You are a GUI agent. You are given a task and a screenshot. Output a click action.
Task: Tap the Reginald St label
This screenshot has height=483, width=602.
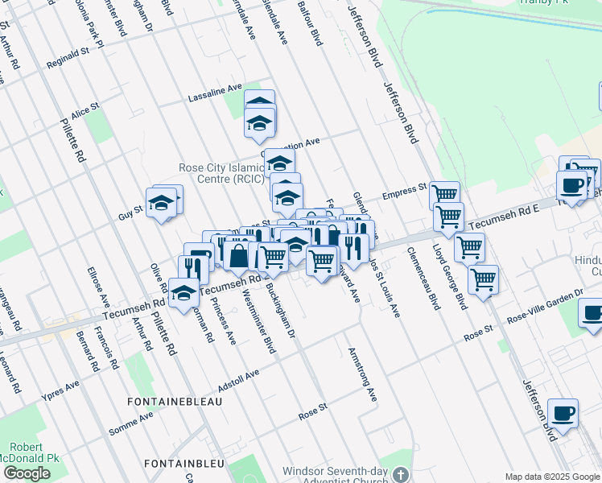pyautogui.click(x=67, y=58)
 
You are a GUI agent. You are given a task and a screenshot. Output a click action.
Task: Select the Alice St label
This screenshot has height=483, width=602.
pyautogui.click(x=85, y=111)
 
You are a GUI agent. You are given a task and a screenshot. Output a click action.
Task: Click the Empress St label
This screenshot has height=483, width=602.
pyautogui.click(x=403, y=192)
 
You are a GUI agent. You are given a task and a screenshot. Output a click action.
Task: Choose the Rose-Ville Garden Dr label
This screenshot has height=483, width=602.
pyautogui.click(x=547, y=307)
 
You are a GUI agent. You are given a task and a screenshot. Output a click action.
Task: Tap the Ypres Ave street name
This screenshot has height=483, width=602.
pyautogui.click(x=61, y=392)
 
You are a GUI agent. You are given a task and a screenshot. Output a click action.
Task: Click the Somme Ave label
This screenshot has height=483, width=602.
pyautogui.click(x=130, y=423)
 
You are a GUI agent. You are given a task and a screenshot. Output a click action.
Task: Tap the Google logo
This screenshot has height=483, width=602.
pyautogui.click(x=27, y=473)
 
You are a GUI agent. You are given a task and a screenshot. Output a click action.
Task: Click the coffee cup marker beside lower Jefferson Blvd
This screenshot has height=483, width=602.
pyautogui.click(x=563, y=414)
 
